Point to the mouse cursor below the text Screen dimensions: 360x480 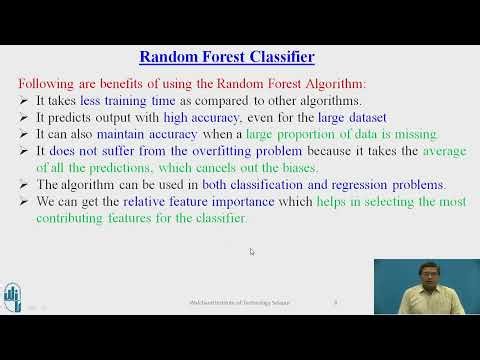251,252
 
